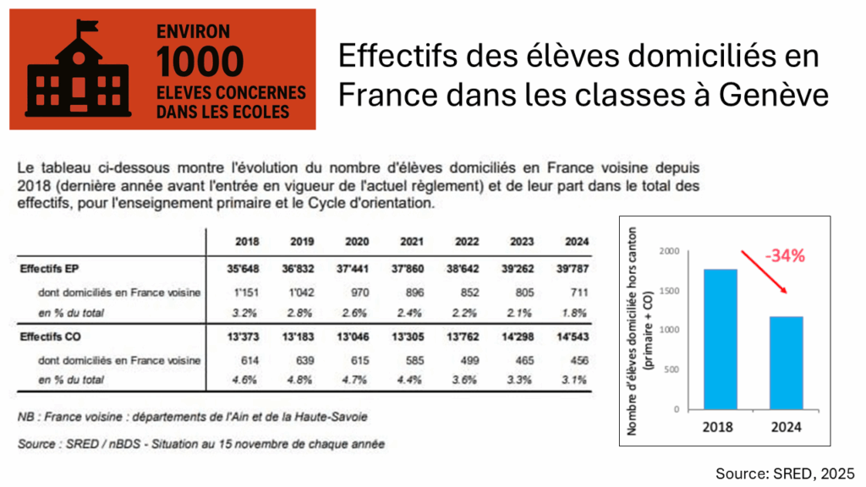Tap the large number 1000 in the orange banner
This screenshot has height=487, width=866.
coord(200,62)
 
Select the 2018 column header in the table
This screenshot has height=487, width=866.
coord(248,243)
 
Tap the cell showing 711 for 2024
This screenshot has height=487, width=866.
coord(573,292)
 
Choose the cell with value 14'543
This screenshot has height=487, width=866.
coord(571,337)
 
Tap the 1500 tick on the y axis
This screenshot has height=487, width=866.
coord(671,291)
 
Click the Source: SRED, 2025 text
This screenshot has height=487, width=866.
coord(785,472)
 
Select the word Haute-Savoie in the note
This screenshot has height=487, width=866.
coord(330,416)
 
